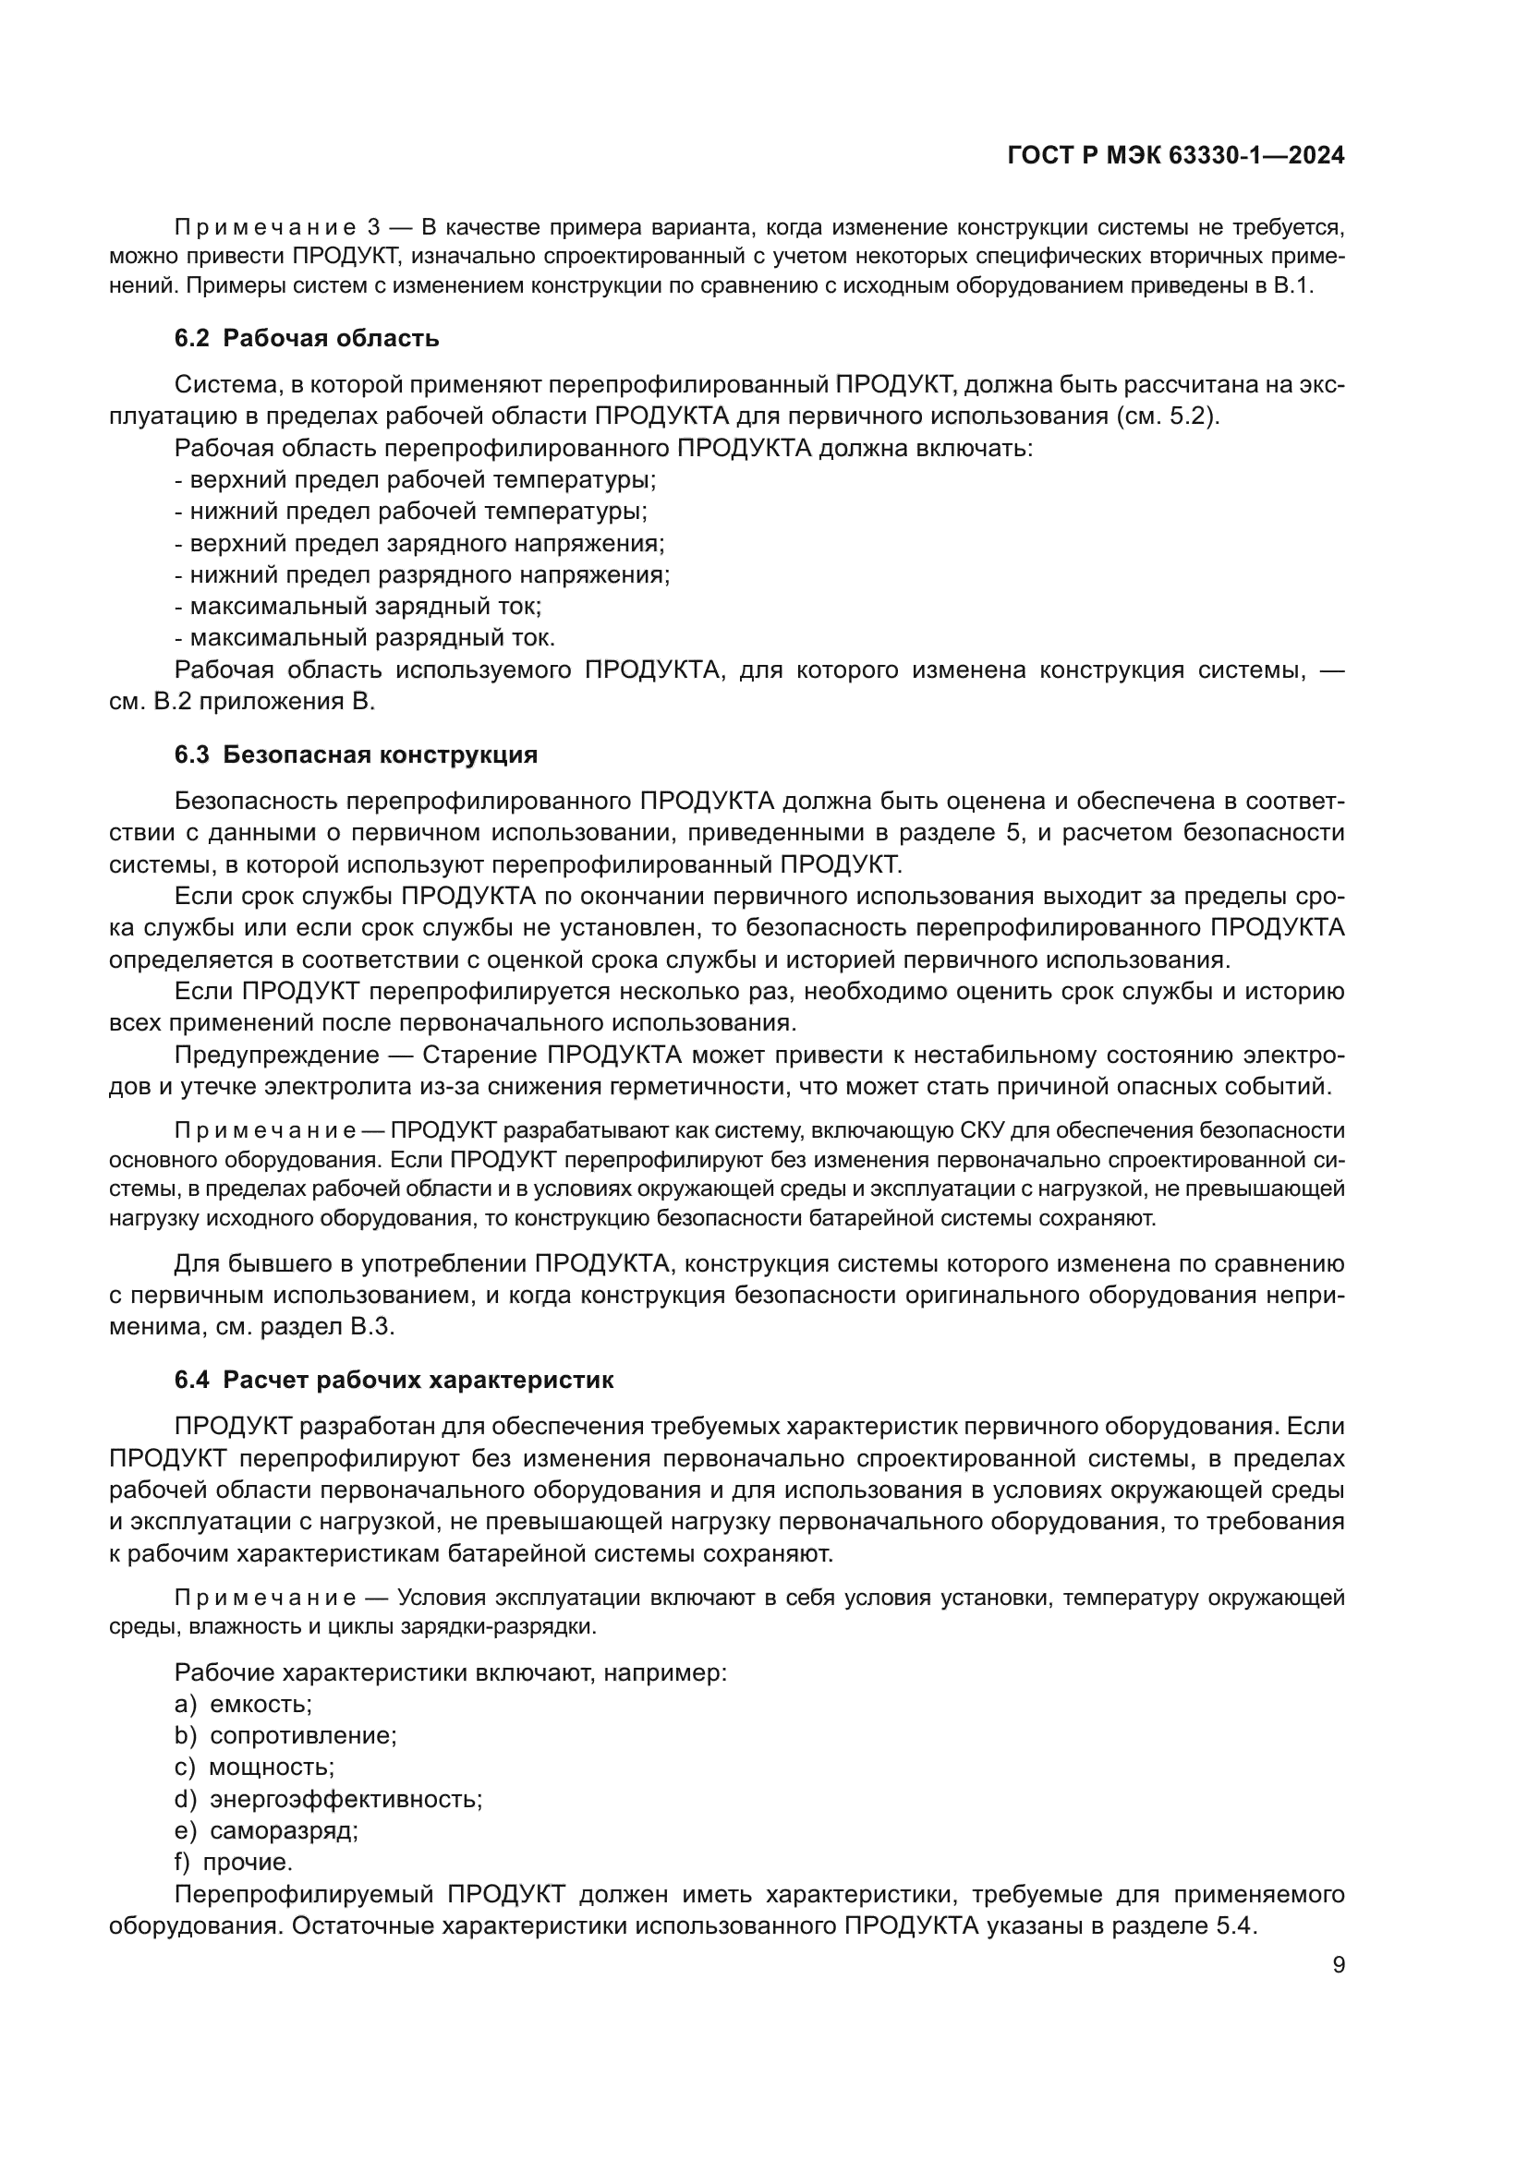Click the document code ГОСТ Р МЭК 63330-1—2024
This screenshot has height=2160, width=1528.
(x=1175, y=156)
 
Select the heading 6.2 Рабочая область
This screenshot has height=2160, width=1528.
(x=307, y=338)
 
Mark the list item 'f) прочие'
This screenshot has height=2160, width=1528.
(x=234, y=1862)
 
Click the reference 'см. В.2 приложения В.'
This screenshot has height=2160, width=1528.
(x=242, y=702)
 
